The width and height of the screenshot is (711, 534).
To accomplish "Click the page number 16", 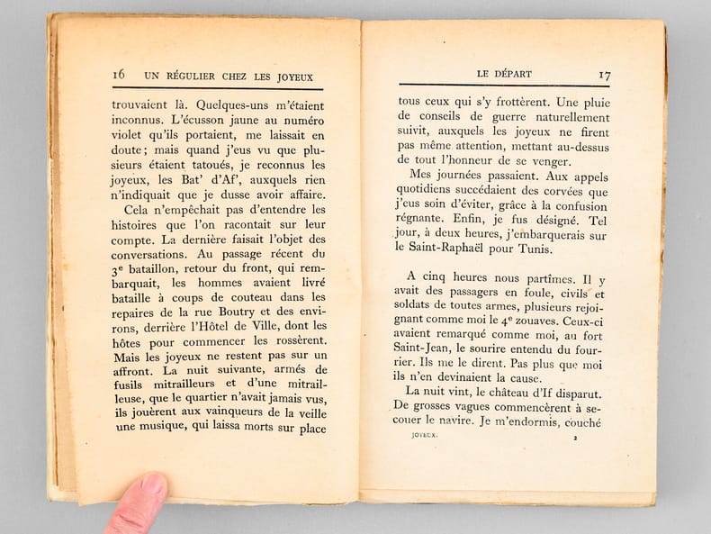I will point(119,75).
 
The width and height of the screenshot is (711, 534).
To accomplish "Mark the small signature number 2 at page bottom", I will point(572,438).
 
